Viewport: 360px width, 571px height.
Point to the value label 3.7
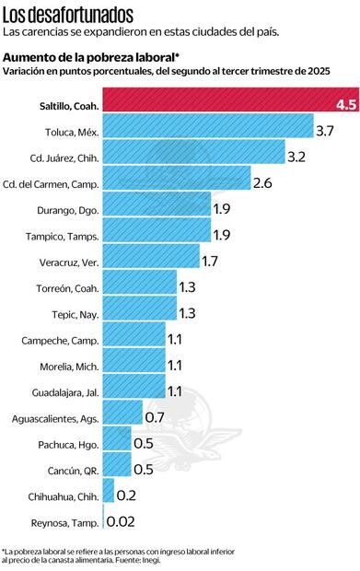325,132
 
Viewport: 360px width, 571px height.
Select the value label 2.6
262,184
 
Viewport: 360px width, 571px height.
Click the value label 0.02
123,522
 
